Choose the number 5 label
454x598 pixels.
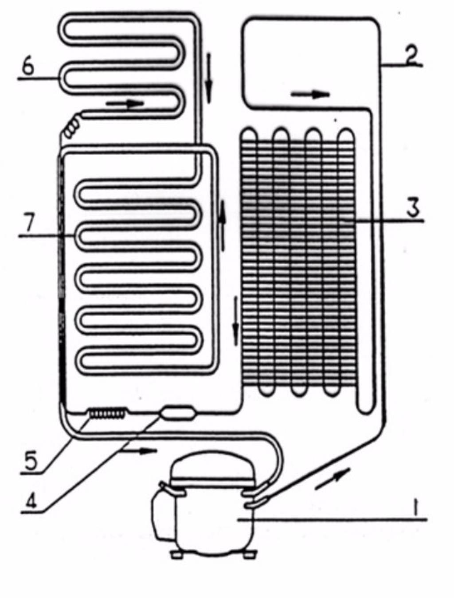coord(31,461)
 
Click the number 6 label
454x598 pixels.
coord(28,67)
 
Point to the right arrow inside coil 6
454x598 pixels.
coord(125,103)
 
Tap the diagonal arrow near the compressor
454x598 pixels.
coord(333,479)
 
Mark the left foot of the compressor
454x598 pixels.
coord(177,554)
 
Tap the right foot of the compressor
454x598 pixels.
coord(251,554)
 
